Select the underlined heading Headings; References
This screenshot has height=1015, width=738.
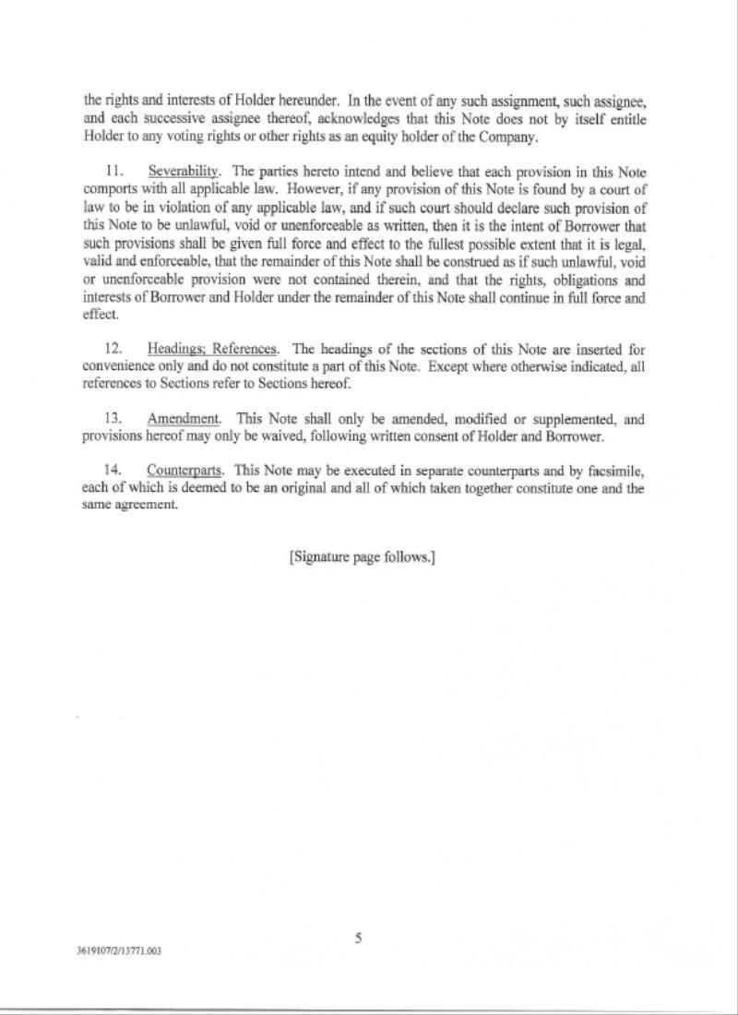pos(212,349)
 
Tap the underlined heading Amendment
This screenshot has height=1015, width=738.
pos(184,419)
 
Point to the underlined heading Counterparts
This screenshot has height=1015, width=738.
pos(184,472)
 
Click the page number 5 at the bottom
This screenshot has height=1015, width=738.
pos(358,938)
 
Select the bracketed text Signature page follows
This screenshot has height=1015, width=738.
pos(362,557)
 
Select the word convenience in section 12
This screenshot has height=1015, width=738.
pos(116,366)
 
